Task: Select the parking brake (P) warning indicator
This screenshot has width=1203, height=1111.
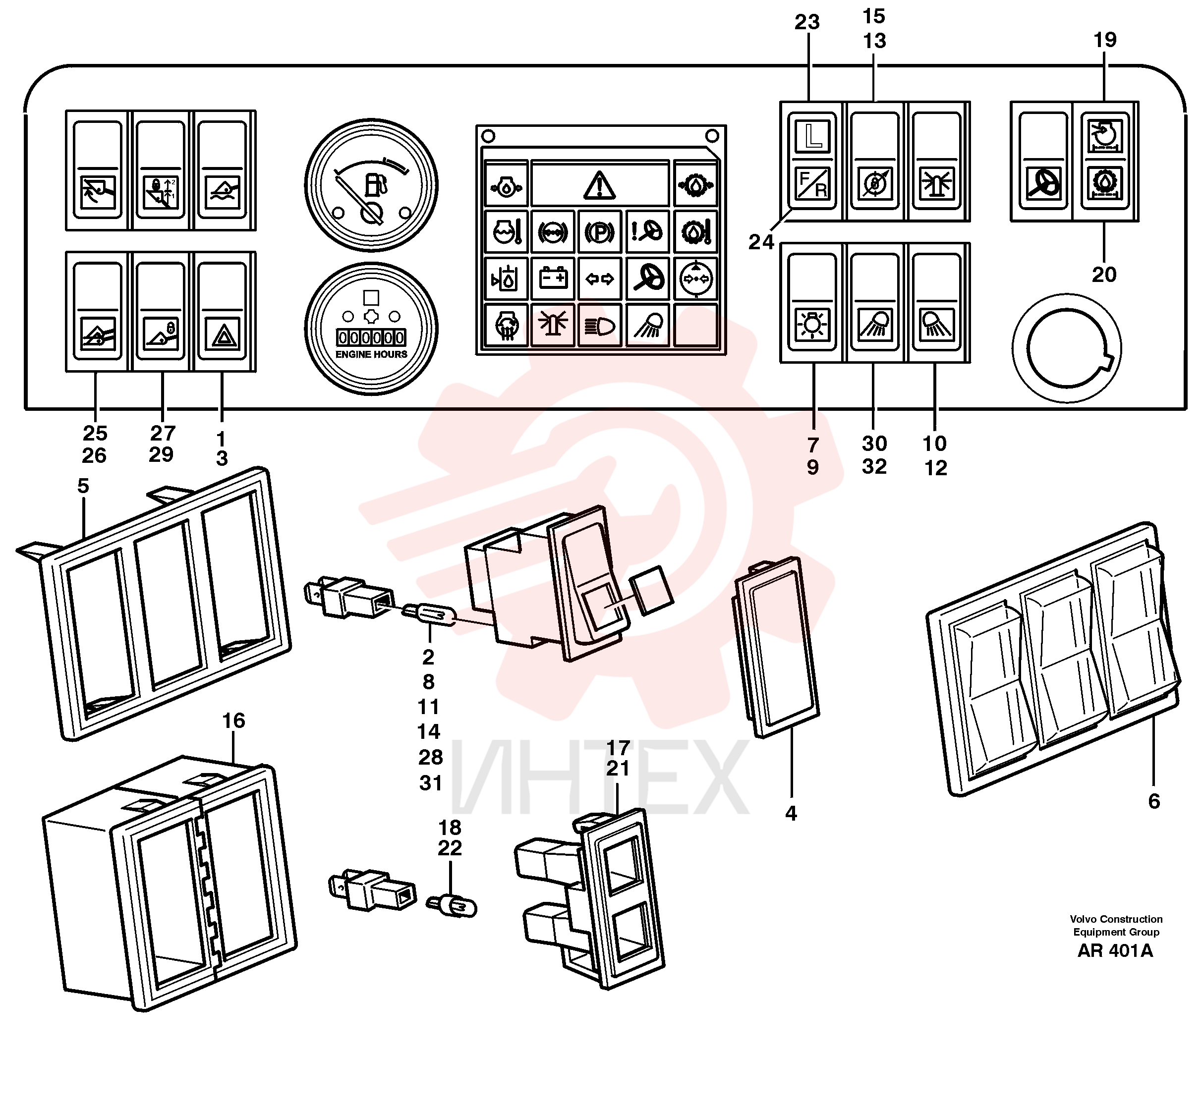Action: (x=599, y=231)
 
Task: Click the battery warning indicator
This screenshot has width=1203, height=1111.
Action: (x=553, y=278)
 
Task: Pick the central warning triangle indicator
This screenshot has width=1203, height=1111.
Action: (x=599, y=184)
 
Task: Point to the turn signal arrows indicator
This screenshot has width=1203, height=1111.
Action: (x=599, y=278)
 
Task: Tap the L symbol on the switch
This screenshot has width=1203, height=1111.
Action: (x=813, y=136)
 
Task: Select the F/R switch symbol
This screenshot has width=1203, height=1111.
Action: (x=813, y=183)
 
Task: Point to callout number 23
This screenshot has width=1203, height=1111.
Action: (x=807, y=22)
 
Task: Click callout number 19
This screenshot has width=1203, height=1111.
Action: (x=1104, y=40)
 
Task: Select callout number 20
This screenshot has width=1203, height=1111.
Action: (x=1104, y=275)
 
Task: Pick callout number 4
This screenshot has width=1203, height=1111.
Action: (x=791, y=813)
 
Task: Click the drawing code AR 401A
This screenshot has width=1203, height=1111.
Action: (x=1115, y=950)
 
